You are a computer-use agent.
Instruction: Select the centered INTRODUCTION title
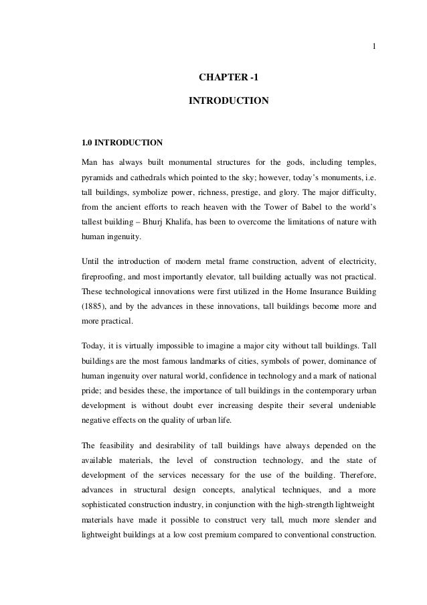tap(228, 101)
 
